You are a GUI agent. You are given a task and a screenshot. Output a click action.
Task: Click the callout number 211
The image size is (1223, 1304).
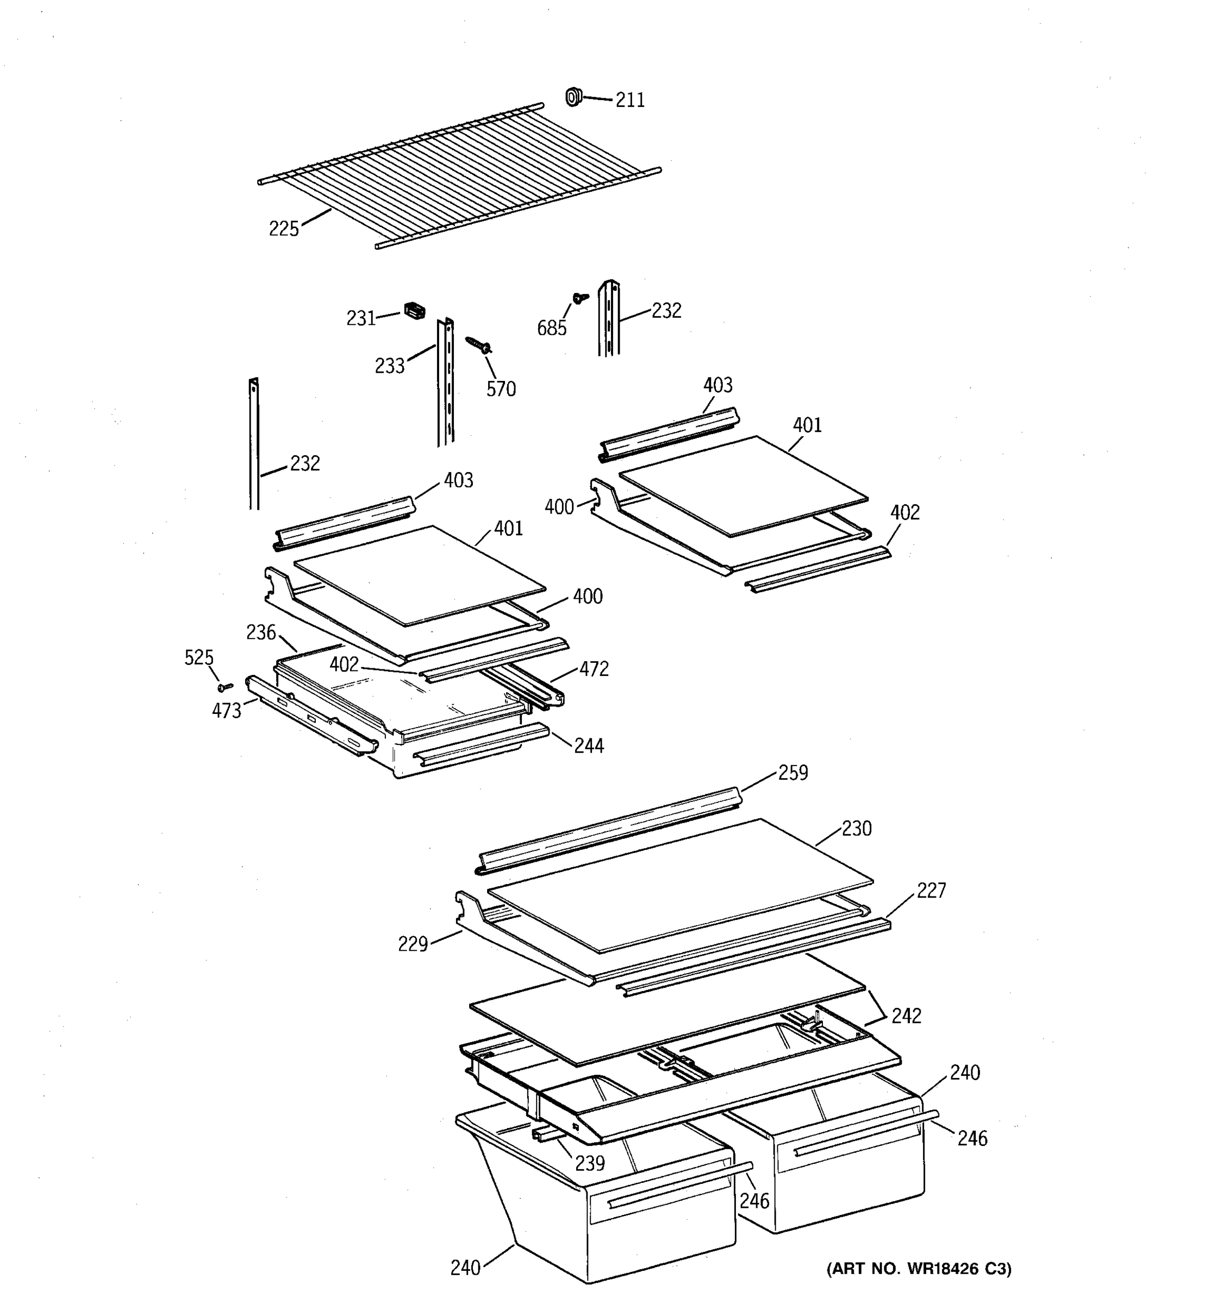(629, 101)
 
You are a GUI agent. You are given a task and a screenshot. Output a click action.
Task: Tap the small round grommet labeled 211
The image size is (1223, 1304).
(573, 97)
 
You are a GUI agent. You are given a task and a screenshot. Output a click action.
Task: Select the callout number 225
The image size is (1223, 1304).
(283, 229)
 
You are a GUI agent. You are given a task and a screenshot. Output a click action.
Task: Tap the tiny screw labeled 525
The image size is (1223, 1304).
(225, 687)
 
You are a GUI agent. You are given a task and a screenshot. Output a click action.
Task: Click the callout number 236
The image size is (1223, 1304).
(260, 632)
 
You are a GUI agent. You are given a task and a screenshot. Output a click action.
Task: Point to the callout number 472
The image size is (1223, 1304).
(593, 669)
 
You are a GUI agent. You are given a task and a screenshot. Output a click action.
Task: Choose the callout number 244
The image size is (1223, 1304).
(589, 746)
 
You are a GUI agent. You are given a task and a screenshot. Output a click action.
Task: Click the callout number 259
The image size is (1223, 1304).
(793, 773)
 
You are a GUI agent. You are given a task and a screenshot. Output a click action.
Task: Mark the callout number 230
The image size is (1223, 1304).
(856, 829)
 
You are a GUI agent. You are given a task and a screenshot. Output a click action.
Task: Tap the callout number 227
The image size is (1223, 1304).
(931, 891)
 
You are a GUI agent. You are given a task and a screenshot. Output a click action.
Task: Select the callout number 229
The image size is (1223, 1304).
(412, 944)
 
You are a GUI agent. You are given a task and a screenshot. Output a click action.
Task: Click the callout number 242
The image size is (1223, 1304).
(906, 1015)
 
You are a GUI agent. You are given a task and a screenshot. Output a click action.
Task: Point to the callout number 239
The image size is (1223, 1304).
(589, 1163)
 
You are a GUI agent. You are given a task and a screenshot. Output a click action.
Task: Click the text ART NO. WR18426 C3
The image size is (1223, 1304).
(919, 1269)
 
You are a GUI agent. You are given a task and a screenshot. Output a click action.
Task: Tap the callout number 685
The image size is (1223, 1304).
(551, 328)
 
